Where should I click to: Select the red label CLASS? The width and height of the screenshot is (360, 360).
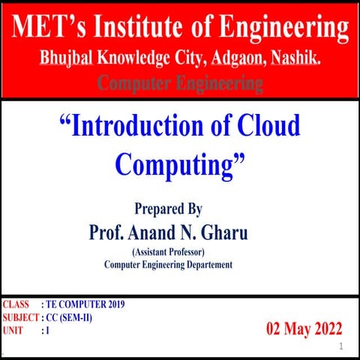coord(16,305)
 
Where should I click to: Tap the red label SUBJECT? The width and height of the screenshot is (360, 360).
coord(20,318)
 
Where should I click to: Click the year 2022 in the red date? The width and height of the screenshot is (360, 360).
coord(323,328)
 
